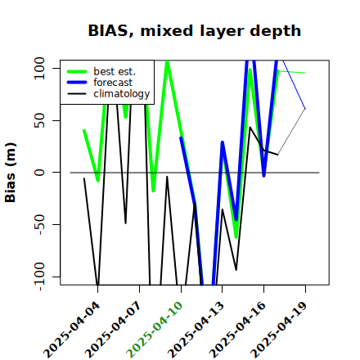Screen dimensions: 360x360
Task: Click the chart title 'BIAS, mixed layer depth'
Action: tap(195, 31)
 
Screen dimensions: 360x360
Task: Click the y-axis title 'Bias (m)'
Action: tap(11, 173)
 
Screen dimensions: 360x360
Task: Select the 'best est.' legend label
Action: tap(115, 71)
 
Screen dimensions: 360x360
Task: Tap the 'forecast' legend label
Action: tap(113, 83)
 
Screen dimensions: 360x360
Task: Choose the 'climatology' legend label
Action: tap(122, 94)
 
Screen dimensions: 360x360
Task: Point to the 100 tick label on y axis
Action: tap(39, 68)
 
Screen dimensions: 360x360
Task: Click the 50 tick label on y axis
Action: tap(39, 120)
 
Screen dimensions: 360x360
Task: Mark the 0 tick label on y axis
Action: tap(39, 173)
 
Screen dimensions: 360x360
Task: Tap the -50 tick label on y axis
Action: tap(39, 224)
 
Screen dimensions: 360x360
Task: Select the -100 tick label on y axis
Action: tap(39, 277)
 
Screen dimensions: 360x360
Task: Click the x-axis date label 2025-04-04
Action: tap(72, 330)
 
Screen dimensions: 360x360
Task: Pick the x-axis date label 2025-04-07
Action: tap(113, 330)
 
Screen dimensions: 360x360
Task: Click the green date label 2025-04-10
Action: tap(155, 330)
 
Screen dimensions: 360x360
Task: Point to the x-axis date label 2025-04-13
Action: tap(196, 330)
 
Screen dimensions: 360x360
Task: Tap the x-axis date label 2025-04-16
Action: tap(237, 330)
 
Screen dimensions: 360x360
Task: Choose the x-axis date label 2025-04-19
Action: tap(279, 330)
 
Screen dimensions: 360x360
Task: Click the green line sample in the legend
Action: tap(77, 71)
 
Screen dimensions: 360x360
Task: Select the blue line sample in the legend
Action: tap(77, 83)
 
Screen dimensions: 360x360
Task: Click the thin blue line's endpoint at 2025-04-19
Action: tap(305, 109)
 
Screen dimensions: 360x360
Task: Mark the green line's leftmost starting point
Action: tap(84, 131)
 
